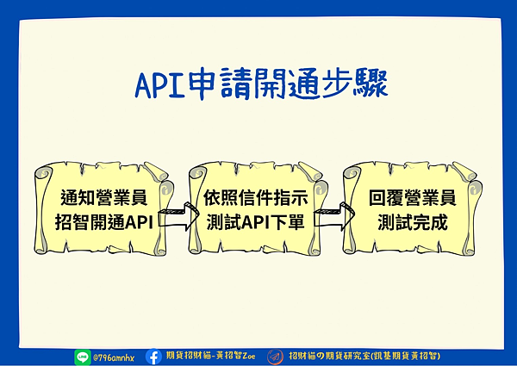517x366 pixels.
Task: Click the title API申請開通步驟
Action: (261, 84)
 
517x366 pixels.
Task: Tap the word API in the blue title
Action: (160, 84)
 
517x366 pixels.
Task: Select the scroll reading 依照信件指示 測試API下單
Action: (258, 209)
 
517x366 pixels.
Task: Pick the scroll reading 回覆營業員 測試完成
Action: (412, 209)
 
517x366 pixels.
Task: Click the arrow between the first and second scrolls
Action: (179, 216)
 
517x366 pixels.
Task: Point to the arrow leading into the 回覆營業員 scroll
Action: (333, 216)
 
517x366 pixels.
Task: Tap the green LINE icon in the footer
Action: (83, 357)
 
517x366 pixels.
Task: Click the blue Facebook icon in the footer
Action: (153, 357)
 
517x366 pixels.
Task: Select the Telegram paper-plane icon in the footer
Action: (275, 357)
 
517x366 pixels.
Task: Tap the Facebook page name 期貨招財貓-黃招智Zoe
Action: (211, 356)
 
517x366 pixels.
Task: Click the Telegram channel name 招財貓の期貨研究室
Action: (330, 357)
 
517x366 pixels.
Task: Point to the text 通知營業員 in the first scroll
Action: (104, 197)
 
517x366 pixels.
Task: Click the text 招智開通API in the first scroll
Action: (104, 222)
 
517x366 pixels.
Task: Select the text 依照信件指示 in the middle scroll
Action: (256, 197)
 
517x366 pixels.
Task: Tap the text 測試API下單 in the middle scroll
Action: (256, 222)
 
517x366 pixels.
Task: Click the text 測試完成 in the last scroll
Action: (413, 222)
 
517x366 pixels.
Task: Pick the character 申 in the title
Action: (202, 84)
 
